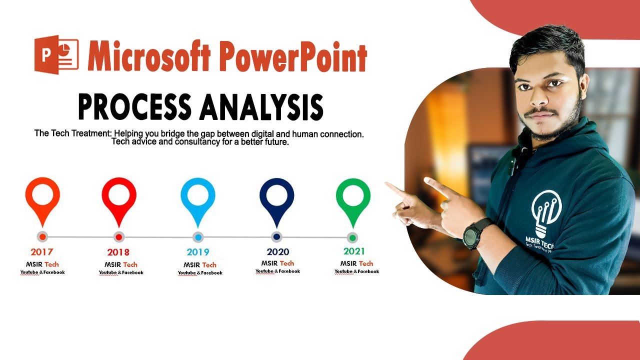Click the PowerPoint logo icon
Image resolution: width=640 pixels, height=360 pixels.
coord(56,55)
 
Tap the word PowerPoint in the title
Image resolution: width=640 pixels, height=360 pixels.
coord(292,56)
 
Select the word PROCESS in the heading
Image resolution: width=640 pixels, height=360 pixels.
coord(134,106)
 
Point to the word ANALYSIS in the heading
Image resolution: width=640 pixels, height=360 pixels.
coord(260,106)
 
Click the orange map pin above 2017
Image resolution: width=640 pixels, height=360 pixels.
coord(42,197)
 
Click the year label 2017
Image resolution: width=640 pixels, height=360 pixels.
coord(41,252)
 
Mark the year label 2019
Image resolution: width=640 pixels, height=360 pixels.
coord(198,252)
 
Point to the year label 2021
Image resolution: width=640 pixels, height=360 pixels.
coord(354,251)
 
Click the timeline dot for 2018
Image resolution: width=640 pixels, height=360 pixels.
coord(119,237)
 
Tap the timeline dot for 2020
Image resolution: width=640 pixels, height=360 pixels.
coord(276,236)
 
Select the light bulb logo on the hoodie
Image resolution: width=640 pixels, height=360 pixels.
coord(546,212)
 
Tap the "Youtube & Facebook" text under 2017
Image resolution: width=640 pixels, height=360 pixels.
coord(42,272)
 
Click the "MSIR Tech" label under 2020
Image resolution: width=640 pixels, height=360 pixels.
coord(277,263)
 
